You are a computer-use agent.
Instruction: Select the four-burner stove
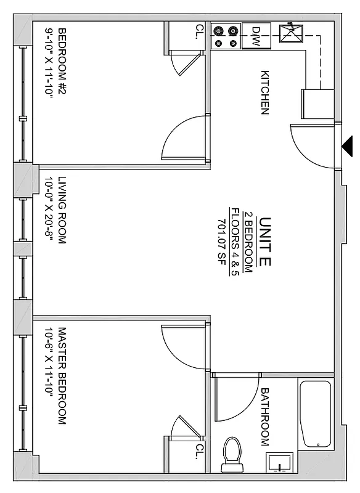click(226, 36)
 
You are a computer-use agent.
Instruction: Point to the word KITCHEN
click(265, 92)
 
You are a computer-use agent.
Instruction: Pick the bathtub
click(315, 414)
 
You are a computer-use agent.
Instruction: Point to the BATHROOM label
click(265, 417)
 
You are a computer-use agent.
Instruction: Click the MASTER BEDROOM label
click(62, 377)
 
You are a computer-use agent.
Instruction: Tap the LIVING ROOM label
click(62, 210)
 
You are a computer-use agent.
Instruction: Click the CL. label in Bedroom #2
click(199, 31)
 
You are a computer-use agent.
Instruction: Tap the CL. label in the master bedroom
click(199, 449)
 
